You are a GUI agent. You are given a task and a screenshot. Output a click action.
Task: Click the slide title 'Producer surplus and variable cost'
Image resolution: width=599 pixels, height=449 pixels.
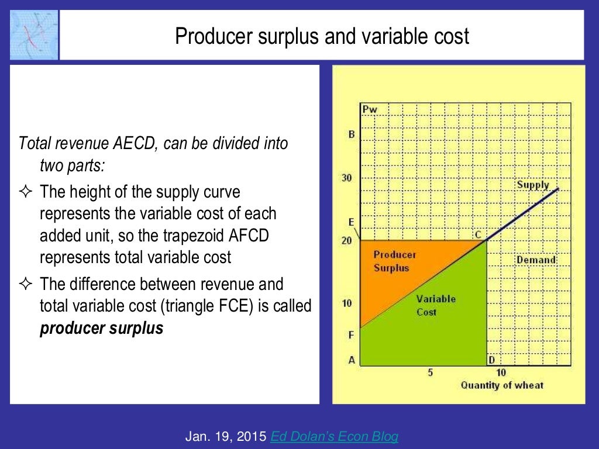322,37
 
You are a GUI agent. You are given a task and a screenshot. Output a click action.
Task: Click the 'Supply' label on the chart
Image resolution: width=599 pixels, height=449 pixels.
532,185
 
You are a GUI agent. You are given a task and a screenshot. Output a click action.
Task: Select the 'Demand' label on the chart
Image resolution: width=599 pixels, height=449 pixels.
535,260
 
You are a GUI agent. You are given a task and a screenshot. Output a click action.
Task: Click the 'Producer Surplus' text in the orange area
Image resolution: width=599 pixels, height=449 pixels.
395,261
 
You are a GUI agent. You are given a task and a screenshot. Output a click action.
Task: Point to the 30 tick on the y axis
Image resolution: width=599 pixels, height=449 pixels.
346,178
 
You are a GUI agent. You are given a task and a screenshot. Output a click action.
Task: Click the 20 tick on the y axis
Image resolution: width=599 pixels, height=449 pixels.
346,240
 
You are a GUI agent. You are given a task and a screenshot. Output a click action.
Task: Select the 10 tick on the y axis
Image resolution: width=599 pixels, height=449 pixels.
346,303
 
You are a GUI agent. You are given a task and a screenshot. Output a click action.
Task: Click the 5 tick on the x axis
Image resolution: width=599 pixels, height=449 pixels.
430,373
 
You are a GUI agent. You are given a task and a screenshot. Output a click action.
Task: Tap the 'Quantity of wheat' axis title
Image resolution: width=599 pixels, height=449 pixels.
502,385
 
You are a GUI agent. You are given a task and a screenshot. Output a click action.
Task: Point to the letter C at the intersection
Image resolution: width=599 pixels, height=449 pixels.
478,234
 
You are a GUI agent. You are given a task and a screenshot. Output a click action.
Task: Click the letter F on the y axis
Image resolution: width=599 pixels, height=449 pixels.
351,336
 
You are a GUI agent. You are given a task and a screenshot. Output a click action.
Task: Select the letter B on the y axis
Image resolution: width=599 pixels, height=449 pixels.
351,134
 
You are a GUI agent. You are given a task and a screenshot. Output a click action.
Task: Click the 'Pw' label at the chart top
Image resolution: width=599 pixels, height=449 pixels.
369,109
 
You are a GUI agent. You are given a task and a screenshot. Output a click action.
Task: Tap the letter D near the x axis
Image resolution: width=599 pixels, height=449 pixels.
492,360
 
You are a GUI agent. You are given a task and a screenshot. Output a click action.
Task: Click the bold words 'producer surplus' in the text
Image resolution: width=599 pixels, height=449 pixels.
101,328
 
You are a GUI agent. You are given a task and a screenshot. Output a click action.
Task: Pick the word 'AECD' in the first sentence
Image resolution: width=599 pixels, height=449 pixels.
130,143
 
